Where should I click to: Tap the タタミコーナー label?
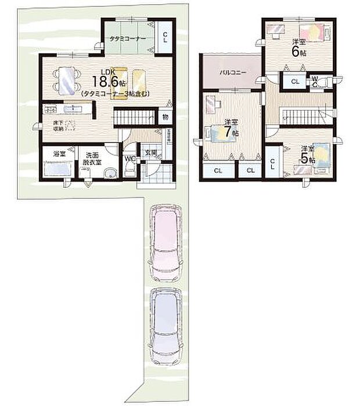128,38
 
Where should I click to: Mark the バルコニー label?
232,73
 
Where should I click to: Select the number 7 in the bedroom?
233,132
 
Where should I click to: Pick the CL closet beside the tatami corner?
165,38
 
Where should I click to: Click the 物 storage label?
165,117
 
